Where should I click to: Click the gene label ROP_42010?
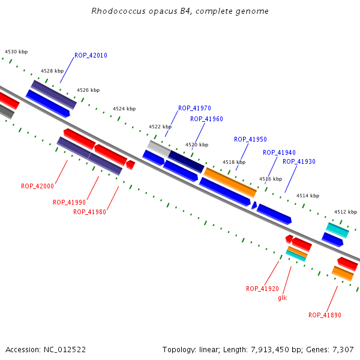91,56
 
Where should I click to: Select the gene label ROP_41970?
194,109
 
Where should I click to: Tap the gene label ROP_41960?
206,119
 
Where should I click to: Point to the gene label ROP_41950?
250,139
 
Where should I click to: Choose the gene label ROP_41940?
279,152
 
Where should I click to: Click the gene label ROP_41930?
299,161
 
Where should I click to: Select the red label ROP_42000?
37,186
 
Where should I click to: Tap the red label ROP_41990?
69,202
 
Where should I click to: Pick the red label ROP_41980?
89,212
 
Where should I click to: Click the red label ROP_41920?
262,289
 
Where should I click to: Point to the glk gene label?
283,298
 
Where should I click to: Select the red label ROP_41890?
325,315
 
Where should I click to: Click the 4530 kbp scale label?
16,52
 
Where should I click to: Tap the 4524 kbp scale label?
124,109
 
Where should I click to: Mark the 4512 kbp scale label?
346,212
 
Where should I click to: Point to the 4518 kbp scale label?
234,162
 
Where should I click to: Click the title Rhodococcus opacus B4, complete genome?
180,11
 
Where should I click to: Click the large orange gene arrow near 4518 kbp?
230,182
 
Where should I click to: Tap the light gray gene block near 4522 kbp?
158,148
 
